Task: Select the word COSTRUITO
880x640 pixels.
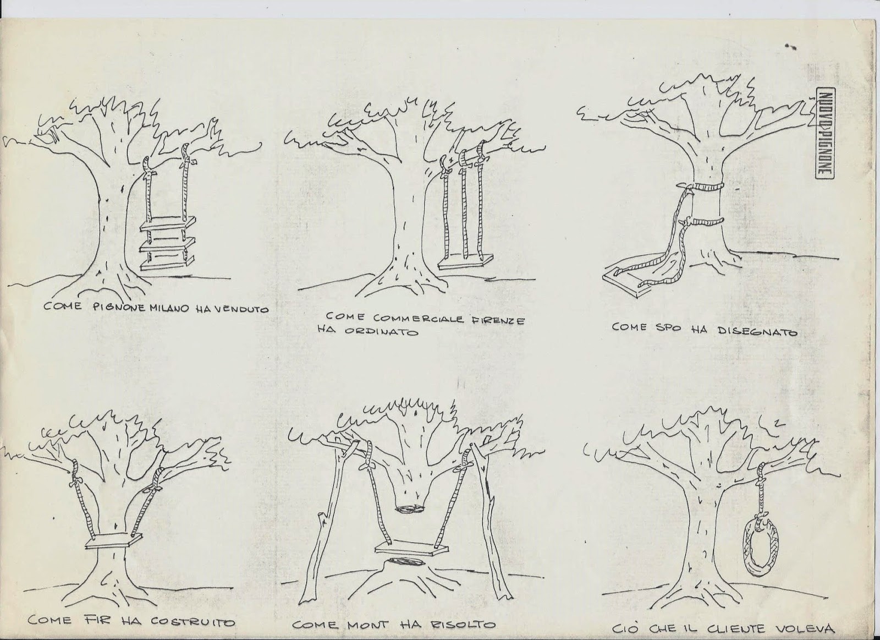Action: coord(193,621)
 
